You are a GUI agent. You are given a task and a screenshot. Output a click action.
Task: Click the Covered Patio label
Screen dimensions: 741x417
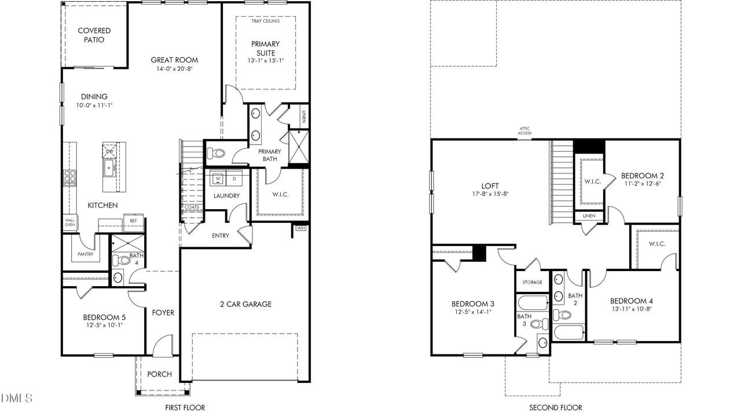tap(94, 35)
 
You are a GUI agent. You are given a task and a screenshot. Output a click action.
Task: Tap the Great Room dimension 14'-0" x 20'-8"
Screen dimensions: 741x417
tap(174, 69)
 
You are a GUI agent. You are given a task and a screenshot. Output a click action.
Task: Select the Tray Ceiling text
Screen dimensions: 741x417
tap(265, 21)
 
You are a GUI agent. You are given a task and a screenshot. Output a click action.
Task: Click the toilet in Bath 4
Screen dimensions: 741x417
tap(121, 260)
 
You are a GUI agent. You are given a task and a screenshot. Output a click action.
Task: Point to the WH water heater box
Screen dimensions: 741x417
tap(300, 228)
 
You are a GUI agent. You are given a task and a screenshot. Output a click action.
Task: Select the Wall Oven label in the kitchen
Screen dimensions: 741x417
tap(70, 222)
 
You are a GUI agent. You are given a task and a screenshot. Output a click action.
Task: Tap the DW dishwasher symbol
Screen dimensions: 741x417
tap(110, 152)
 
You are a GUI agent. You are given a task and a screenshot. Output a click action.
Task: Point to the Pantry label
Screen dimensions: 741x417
tap(85, 254)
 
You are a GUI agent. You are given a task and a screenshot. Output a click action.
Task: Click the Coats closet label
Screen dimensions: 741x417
tap(192, 207)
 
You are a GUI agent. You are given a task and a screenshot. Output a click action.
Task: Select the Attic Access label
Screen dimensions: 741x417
tap(524, 131)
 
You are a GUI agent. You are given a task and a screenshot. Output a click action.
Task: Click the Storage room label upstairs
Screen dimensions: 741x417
tap(532, 282)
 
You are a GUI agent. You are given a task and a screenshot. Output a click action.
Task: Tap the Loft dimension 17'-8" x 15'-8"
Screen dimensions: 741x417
tap(490, 194)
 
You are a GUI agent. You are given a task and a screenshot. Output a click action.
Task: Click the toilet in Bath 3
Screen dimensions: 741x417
tap(539, 323)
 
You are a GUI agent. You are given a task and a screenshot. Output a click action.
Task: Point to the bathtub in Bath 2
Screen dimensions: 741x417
tap(568, 332)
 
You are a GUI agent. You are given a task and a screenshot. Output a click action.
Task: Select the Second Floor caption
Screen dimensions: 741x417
tap(556, 408)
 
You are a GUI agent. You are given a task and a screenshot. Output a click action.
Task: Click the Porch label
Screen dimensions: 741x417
tap(159, 374)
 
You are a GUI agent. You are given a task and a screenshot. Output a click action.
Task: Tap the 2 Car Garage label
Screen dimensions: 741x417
tap(246, 304)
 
